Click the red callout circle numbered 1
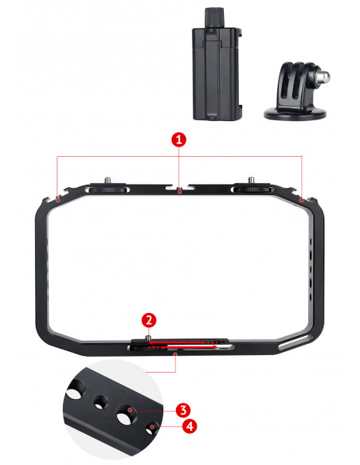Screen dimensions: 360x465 click(x=179, y=139)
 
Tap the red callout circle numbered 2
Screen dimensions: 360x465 click(x=149, y=320)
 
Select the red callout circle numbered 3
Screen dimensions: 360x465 click(x=183, y=410)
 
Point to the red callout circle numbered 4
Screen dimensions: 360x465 click(x=190, y=426)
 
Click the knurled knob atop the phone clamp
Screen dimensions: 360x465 click(x=213, y=18)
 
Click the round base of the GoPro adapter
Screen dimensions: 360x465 click(x=295, y=114)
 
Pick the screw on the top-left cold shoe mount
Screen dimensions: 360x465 click(x=108, y=181)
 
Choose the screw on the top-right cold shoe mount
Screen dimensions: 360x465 click(x=252, y=180)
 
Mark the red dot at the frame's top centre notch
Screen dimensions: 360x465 click(x=179, y=192)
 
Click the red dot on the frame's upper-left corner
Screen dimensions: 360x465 click(x=58, y=201)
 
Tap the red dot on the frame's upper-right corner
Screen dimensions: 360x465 click(x=302, y=201)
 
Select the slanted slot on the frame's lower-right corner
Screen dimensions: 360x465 click(x=295, y=342)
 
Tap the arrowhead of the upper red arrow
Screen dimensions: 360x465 click(x=151, y=342)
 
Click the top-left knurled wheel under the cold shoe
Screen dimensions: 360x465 click(x=108, y=190)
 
